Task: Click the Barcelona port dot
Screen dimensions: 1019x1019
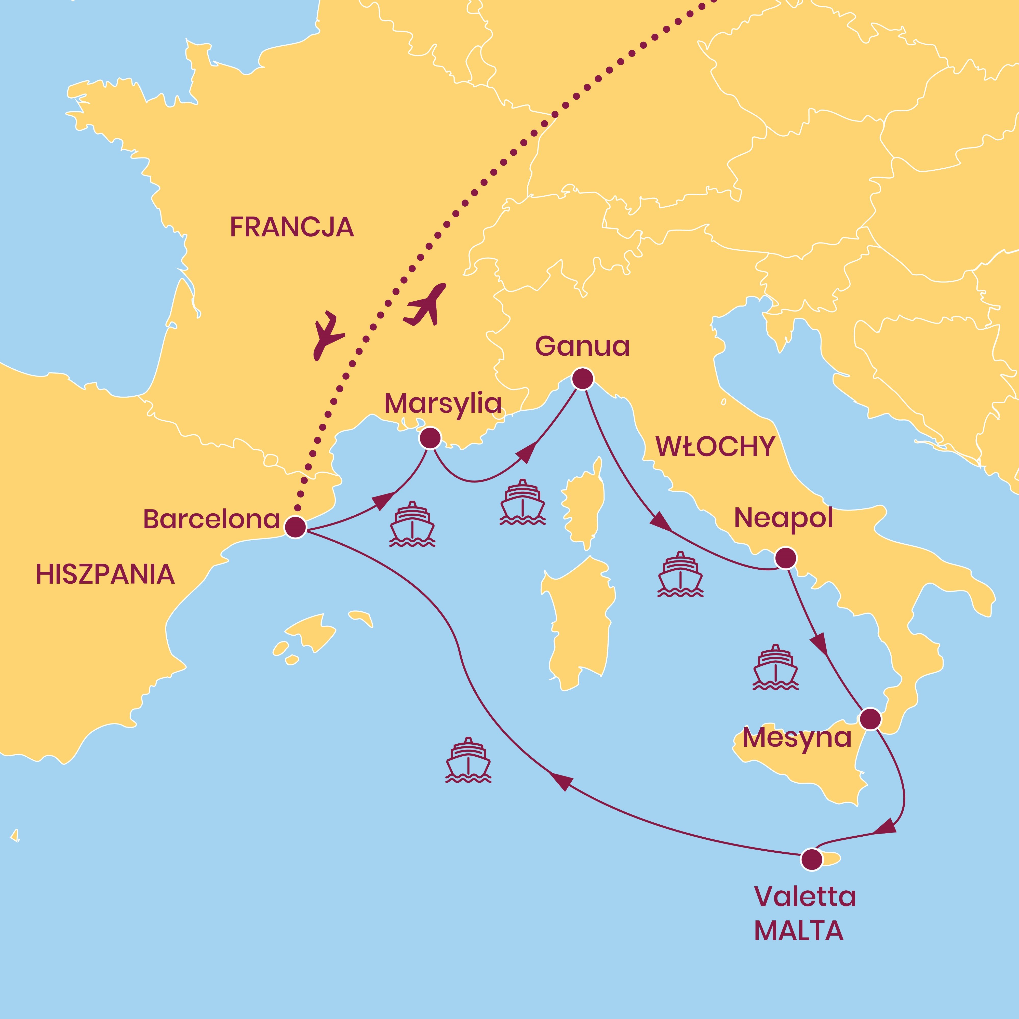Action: point(295,527)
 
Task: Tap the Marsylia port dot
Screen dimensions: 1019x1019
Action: point(430,438)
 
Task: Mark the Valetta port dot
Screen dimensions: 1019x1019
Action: point(811,859)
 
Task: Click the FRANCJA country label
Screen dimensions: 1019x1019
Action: point(292,227)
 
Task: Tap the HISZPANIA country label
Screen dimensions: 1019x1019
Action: point(105,574)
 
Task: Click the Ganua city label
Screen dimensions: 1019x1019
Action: point(582,346)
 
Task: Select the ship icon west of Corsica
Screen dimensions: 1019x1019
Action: point(522,502)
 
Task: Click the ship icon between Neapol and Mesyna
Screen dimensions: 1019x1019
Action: point(775,667)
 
